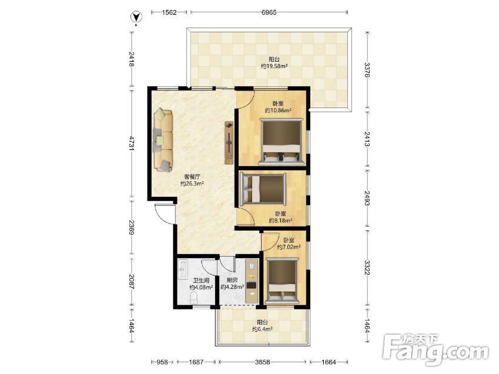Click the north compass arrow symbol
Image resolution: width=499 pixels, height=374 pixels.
pos(137,17)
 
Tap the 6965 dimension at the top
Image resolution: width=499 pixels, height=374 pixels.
pos(269,12)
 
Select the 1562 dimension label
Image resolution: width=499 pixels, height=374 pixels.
pos(169,12)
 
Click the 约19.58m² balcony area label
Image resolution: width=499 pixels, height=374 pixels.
pos(274,66)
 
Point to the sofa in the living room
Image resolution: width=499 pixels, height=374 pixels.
pos(163,140)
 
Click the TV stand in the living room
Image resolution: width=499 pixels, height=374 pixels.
pos(229,143)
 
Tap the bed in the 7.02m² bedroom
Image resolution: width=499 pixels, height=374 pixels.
pos(282,281)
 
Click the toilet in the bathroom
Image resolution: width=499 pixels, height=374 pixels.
pos(194,298)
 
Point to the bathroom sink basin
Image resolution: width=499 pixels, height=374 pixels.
pos(183,269)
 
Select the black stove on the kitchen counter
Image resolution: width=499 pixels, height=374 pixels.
pos(252,285)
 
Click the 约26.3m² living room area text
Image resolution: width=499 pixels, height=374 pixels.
pos(192,184)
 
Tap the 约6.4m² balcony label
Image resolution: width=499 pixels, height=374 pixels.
pos(262,329)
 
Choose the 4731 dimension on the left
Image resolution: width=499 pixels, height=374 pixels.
pos(131,146)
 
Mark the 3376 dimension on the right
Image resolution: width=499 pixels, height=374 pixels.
pos(367,70)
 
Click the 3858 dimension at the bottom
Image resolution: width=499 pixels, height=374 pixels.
pos(263,362)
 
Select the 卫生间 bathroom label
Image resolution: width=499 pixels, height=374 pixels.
pos(201,281)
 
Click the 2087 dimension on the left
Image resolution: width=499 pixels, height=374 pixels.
pos(131,282)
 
